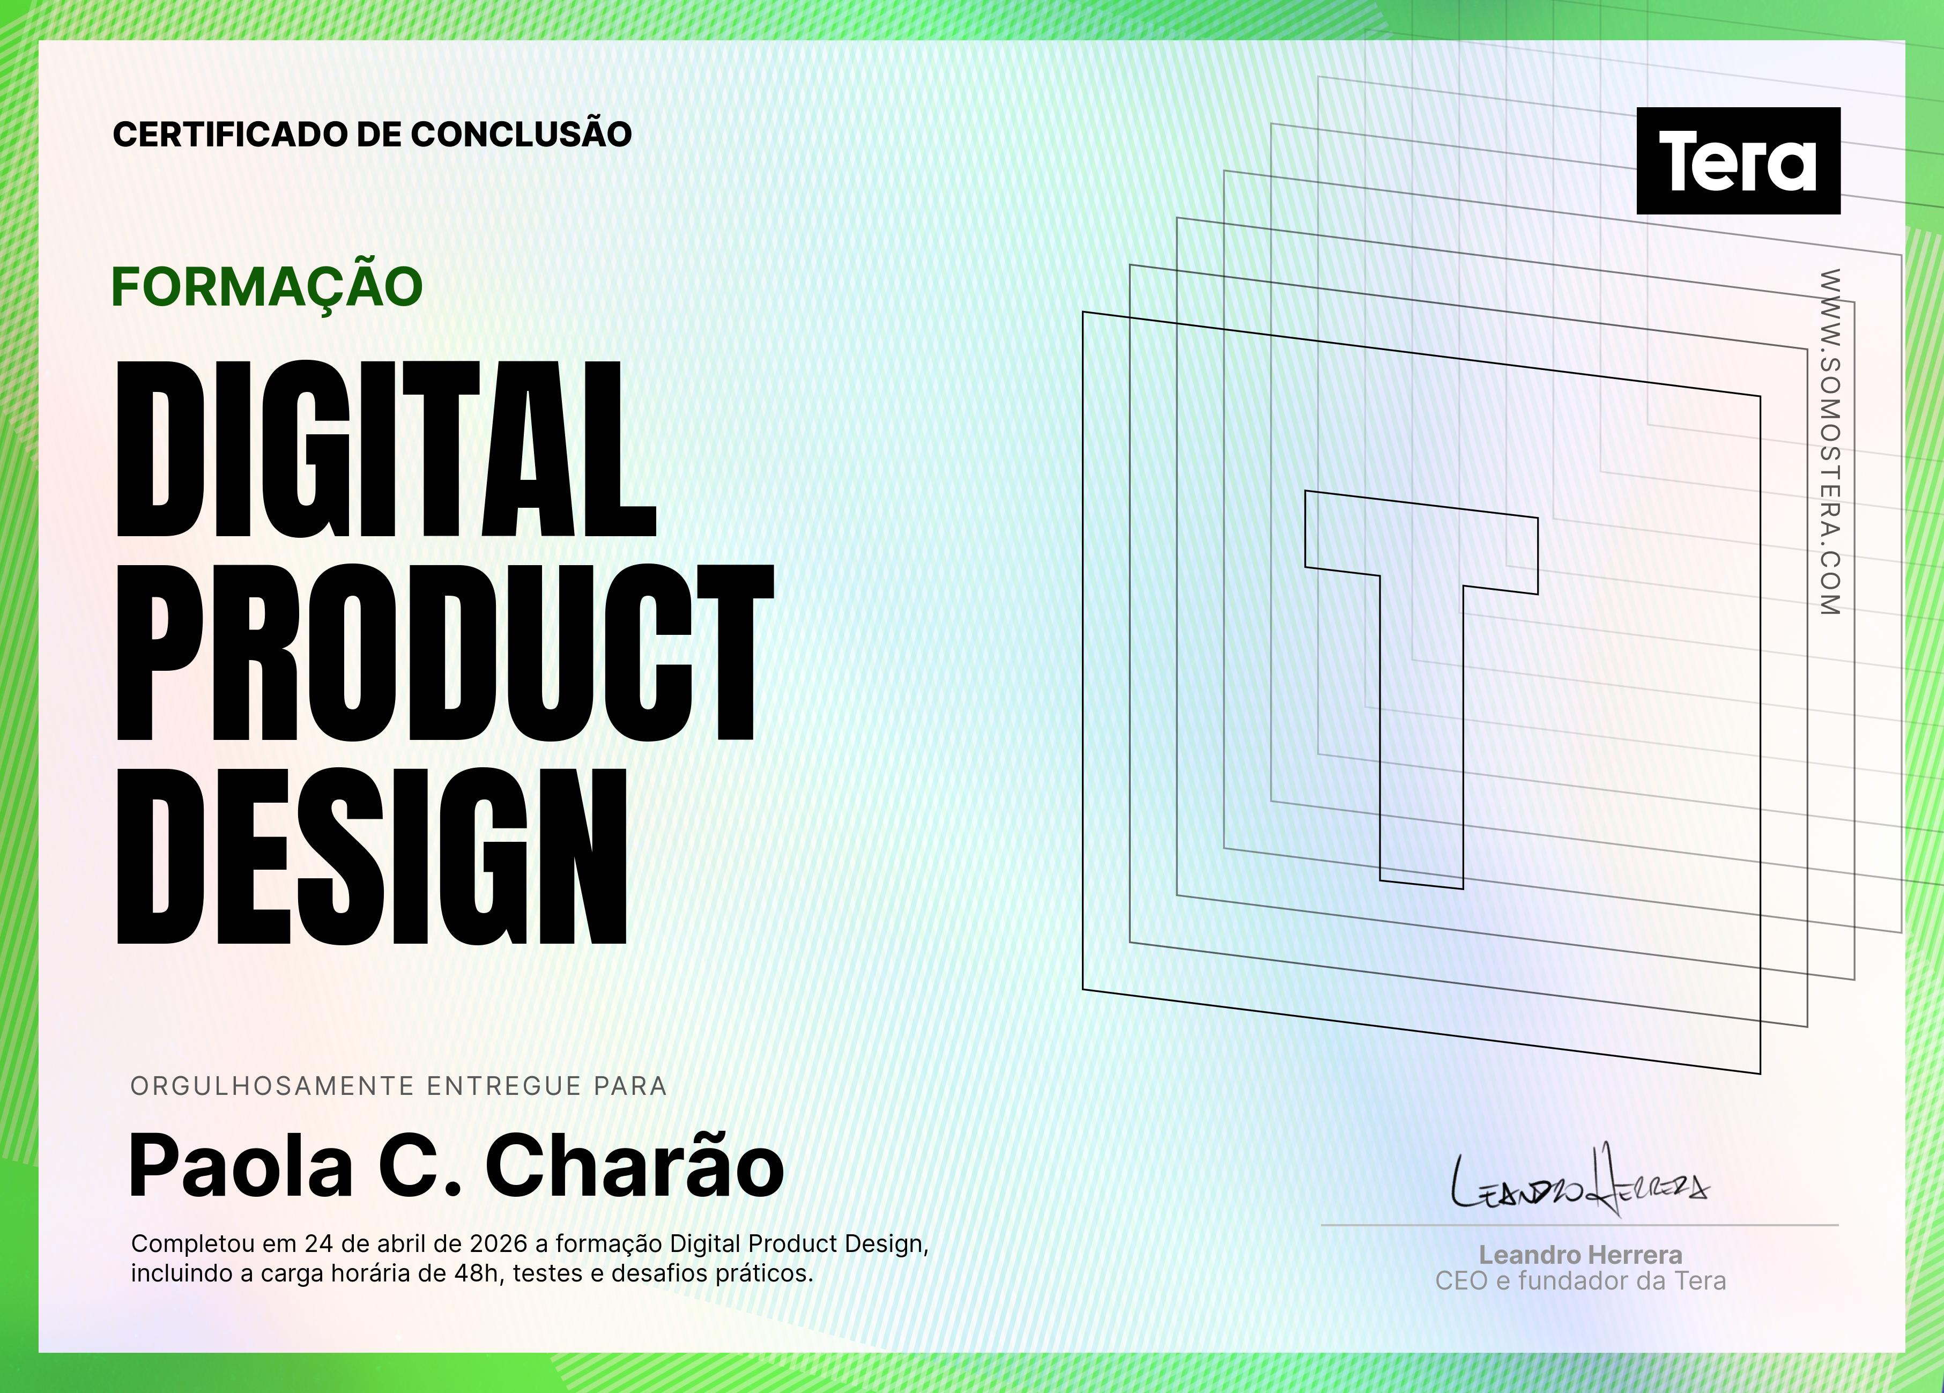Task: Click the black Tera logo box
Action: click(1738, 160)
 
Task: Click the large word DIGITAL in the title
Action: click(385, 449)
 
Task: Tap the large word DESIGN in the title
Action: click(371, 856)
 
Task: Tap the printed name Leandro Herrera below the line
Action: click(1581, 1255)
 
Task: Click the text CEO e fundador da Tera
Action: click(1581, 1281)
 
